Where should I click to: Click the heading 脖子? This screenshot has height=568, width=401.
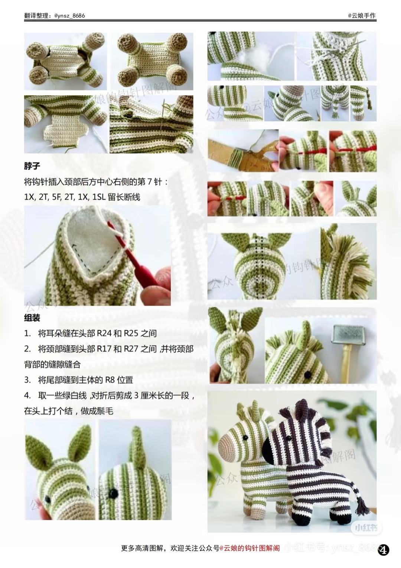click(32, 166)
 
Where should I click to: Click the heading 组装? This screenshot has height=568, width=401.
click(32, 318)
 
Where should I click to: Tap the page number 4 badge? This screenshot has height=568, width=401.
click(384, 550)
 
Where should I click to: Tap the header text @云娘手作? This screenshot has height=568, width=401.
click(362, 16)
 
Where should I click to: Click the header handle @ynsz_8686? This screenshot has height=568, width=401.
click(69, 16)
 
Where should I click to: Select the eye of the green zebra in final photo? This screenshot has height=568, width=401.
click(245, 439)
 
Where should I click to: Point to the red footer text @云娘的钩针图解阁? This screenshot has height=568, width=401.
click(250, 548)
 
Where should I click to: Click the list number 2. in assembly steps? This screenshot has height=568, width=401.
click(27, 349)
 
